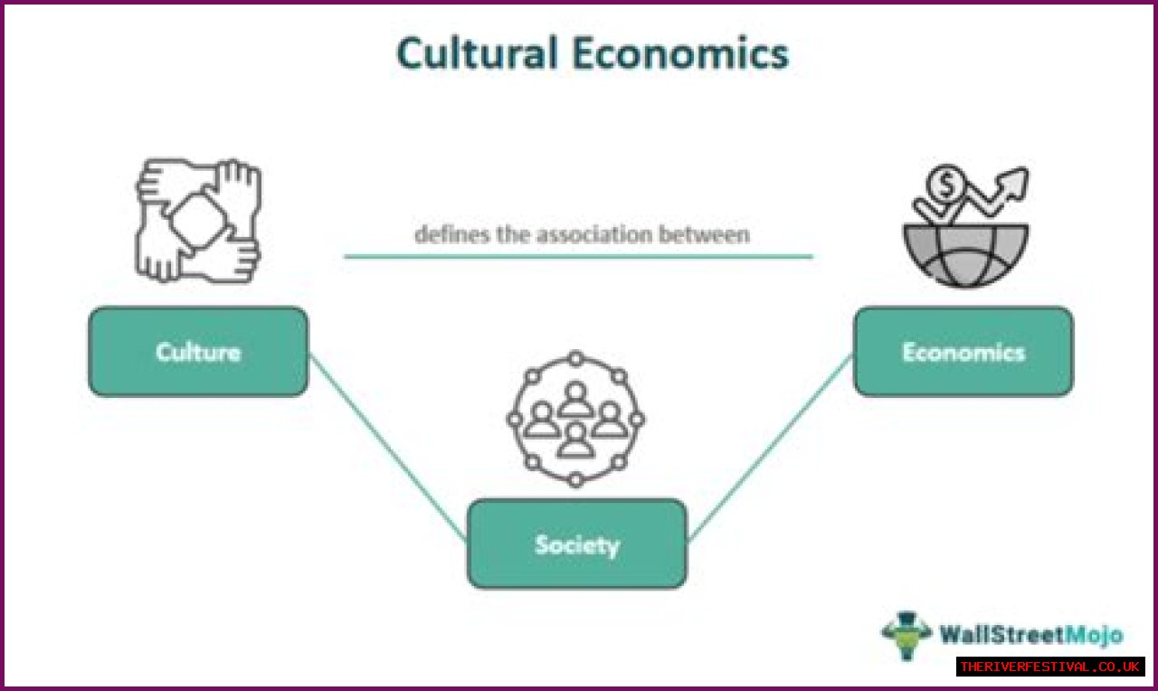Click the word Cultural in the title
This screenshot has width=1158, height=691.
click(x=477, y=54)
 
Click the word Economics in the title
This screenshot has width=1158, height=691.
click(x=681, y=54)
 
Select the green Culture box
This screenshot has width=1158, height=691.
click(x=198, y=352)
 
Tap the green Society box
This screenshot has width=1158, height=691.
click(x=576, y=544)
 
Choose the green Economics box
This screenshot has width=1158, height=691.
click(x=963, y=352)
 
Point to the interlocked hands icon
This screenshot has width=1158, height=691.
click(x=198, y=220)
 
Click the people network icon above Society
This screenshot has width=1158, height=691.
click(x=575, y=419)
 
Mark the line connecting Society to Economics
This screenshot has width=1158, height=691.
click(x=769, y=448)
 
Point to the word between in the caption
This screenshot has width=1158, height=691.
click(x=712, y=234)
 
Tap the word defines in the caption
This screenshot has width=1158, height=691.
click(x=447, y=234)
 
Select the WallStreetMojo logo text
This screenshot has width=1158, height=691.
click(x=1030, y=634)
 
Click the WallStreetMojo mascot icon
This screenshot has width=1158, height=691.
click(x=906, y=636)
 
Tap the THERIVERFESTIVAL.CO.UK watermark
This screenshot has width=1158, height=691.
click(x=1049, y=667)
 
